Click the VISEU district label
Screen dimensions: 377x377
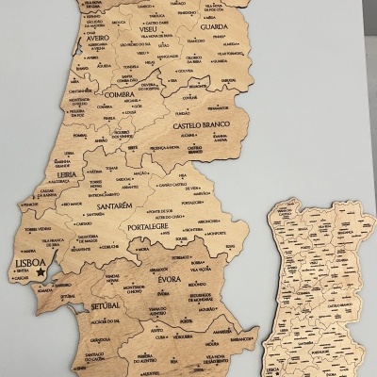tap(147, 28)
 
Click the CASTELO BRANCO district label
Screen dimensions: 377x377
tap(201, 124)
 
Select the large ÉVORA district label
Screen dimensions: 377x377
tap(170, 279)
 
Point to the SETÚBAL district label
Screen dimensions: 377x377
tap(105, 306)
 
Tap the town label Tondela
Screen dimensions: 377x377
tap(130, 66)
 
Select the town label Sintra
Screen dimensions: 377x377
tap(22, 272)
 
